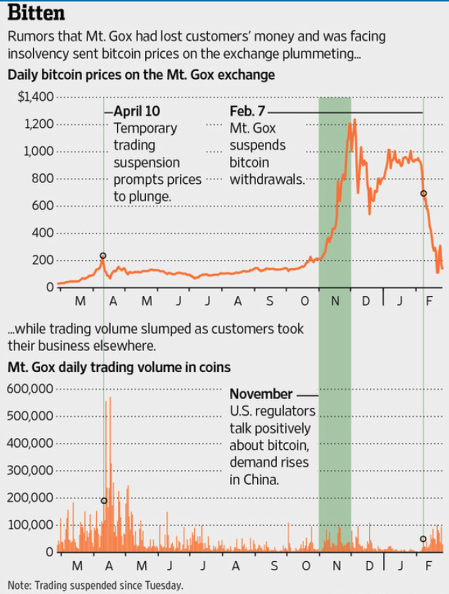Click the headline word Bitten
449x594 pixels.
point(35,13)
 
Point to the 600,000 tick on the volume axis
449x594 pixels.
point(31,389)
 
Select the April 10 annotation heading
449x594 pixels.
point(137,111)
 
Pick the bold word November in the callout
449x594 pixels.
point(260,394)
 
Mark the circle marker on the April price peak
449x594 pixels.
point(103,256)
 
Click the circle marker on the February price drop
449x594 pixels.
point(423,194)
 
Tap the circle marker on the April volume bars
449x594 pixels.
point(104,501)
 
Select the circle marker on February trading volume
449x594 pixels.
point(423,539)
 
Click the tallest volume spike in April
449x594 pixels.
point(110,397)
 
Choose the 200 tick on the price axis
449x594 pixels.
point(44,260)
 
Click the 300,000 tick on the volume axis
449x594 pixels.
point(31,470)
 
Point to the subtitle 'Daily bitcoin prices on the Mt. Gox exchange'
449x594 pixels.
point(141,74)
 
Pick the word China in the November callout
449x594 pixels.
point(262,480)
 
